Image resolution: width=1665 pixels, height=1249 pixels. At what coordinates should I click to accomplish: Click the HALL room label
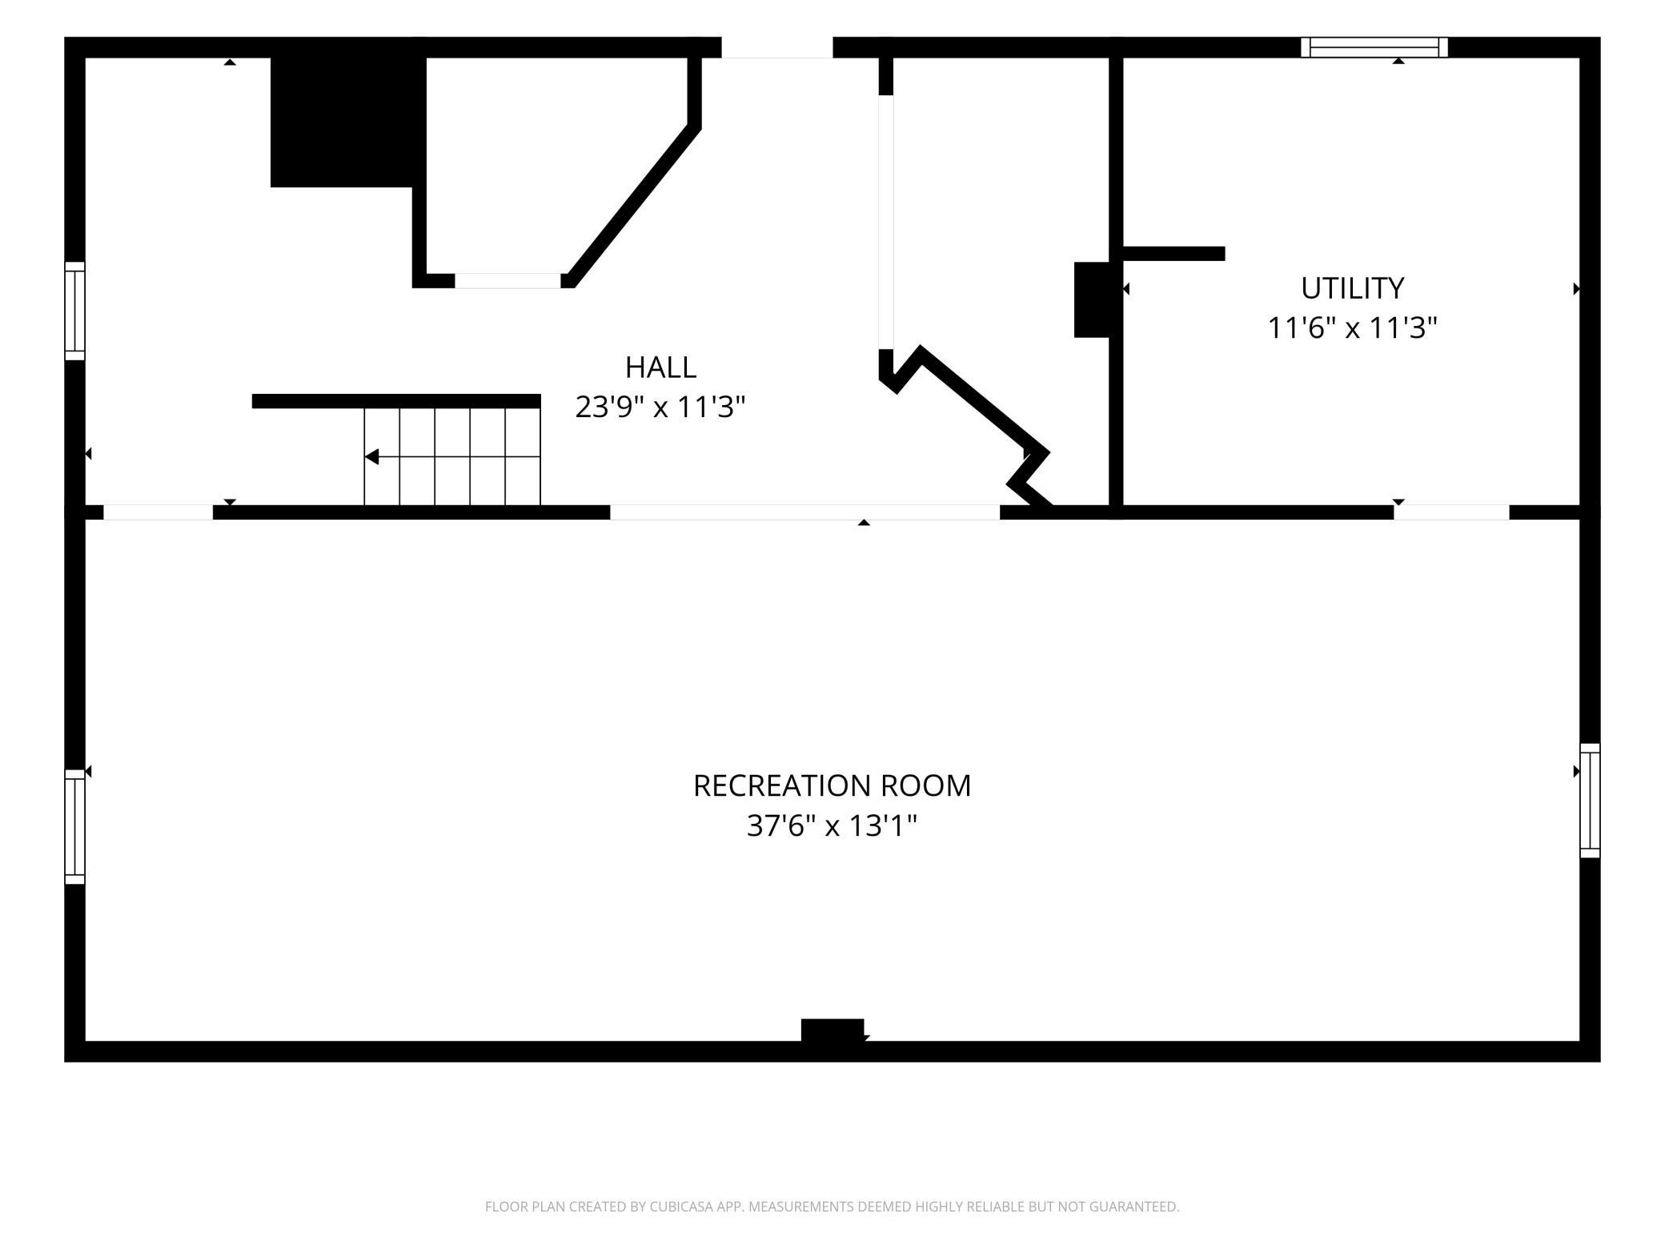[x=660, y=367]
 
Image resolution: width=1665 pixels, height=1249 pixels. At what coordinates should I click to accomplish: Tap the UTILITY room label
[x=1352, y=288]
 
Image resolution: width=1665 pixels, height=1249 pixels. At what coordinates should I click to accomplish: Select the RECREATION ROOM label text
[x=832, y=785]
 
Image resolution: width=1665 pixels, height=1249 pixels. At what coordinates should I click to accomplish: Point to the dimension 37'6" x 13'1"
[x=832, y=825]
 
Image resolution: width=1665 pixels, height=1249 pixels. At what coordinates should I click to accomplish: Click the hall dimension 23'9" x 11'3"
[x=660, y=408]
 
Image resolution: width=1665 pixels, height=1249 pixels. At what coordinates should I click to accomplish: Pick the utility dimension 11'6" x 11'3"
[x=1352, y=328]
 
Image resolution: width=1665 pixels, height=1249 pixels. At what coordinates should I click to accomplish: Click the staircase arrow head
[x=371, y=456]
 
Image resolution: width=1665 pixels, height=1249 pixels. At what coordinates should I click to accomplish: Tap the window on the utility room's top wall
[x=1374, y=47]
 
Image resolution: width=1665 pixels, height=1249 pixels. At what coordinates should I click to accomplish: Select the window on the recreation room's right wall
[x=1590, y=801]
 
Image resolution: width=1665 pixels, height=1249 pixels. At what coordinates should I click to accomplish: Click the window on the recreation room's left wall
[x=74, y=827]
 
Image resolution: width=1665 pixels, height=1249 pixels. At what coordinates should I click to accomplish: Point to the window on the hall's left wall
[x=74, y=311]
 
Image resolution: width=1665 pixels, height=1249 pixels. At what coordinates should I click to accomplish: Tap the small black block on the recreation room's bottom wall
[x=832, y=1030]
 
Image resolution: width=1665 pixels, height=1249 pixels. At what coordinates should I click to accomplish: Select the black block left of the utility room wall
[x=1092, y=299]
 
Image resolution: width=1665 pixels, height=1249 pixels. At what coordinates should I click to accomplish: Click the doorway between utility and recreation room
[x=1451, y=512]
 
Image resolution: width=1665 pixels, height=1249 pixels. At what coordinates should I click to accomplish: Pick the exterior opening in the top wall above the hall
[x=777, y=47]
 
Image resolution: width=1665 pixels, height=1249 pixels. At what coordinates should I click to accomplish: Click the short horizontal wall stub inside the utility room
[x=1174, y=254]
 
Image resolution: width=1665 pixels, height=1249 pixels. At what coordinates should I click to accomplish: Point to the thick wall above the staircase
[x=396, y=401]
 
